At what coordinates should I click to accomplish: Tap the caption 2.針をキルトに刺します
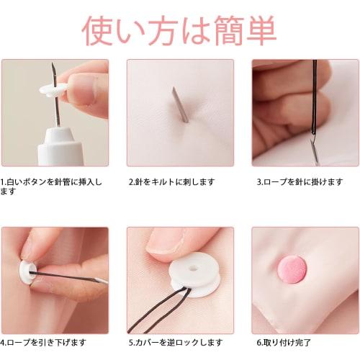(171, 182)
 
